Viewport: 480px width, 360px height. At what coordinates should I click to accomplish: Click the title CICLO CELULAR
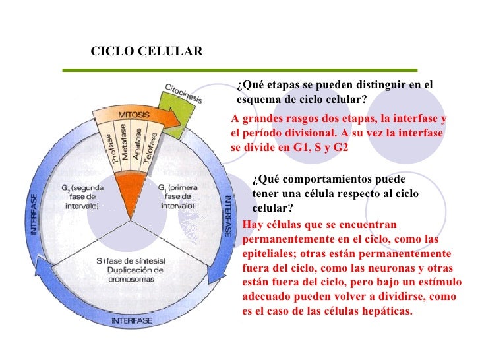coord(146,51)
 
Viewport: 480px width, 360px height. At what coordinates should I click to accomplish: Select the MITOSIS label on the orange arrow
coord(133,115)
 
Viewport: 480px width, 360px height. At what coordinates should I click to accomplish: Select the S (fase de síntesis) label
coord(131,261)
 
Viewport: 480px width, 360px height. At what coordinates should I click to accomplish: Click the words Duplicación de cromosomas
coord(131,275)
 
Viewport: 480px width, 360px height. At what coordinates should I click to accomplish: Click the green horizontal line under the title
coord(239,69)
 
